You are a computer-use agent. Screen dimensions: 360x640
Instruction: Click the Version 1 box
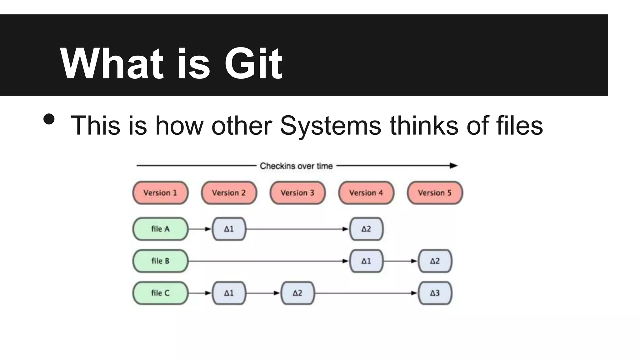tap(160, 193)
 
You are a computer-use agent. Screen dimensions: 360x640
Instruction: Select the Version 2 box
tap(229, 193)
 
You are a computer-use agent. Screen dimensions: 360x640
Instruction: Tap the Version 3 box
tap(297, 193)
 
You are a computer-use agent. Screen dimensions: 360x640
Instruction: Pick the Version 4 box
tap(366, 193)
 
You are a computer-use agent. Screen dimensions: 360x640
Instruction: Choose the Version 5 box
tap(435, 193)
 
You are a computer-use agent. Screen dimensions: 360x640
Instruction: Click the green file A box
tap(160, 229)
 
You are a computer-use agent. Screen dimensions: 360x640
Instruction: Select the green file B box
tap(160, 261)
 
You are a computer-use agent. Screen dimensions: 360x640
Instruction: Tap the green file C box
tap(160, 293)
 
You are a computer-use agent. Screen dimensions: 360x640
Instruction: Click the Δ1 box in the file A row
tap(229, 229)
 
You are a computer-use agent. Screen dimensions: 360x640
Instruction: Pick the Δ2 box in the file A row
tap(366, 229)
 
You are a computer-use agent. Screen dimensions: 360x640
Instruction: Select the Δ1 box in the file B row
tap(366, 261)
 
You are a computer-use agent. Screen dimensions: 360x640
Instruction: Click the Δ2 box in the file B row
tap(435, 261)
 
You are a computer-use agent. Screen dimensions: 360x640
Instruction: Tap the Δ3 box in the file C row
tap(435, 293)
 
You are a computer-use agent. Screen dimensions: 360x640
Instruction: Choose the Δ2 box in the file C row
tap(297, 293)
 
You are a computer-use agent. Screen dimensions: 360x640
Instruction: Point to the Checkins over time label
tap(296, 166)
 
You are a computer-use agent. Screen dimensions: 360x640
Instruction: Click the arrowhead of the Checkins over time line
tap(454, 166)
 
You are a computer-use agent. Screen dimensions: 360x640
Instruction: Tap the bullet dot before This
tap(49, 119)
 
